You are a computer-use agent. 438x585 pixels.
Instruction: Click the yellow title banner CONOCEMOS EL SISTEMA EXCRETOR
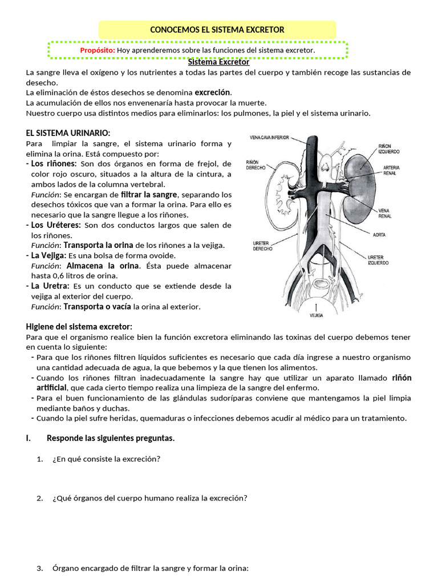(217, 29)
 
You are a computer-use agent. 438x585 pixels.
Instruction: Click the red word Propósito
(98, 50)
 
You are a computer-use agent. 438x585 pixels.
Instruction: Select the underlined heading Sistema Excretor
(218, 62)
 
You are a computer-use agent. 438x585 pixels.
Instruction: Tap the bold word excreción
(213, 92)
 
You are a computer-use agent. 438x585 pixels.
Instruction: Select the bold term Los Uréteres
(54, 225)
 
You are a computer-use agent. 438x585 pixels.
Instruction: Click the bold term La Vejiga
(48, 255)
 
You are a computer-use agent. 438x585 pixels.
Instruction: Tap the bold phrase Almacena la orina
(103, 266)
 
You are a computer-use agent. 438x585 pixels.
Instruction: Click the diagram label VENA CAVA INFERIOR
(269, 138)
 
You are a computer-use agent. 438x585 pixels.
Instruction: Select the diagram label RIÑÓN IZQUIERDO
(388, 149)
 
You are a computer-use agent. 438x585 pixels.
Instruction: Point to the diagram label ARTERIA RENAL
(391, 170)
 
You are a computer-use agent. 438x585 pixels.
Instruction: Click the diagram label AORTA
(379, 234)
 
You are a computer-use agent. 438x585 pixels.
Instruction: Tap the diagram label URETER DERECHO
(262, 246)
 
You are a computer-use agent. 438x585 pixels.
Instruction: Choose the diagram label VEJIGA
(317, 315)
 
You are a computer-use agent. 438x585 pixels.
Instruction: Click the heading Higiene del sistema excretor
(79, 326)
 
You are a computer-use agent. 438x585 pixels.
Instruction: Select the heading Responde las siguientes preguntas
(111, 438)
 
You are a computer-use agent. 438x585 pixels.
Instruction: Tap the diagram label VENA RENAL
(386, 213)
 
